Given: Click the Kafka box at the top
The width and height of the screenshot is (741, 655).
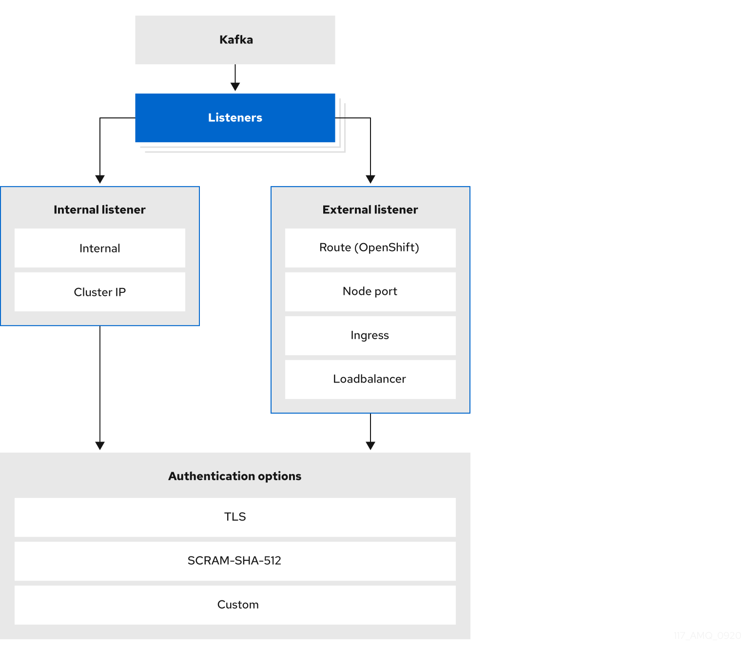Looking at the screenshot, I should click(235, 40).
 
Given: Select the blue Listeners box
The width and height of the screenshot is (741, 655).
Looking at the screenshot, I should click(235, 118).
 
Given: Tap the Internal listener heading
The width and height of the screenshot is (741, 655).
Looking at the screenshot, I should click(99, 210).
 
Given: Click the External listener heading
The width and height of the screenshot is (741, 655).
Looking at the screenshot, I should click(370, 210).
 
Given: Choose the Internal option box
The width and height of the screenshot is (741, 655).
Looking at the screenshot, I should click(99, 248).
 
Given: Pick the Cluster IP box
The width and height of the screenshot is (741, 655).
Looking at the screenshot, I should click(99, 292).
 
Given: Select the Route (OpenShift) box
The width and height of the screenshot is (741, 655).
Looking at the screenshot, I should click(370, 248).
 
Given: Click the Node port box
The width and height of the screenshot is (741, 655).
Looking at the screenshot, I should click(370, 291).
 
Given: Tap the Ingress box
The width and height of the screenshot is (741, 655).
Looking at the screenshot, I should click(370, 335).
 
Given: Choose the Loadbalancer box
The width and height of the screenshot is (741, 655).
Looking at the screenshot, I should click(370, 379).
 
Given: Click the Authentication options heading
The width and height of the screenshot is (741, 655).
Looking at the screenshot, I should click(235, 476).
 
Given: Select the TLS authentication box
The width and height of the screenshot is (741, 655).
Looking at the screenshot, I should click(235, 517).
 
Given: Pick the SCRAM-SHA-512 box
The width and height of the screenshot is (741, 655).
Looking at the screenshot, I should click(235, 561).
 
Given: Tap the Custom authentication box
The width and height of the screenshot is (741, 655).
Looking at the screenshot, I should click(235, 605).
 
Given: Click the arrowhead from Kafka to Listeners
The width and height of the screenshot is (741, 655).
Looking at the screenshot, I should click(235, 86).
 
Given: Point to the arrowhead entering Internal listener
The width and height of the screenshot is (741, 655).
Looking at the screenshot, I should click(100, 179).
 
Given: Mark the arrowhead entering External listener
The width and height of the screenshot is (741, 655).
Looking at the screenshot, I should click(370, 179).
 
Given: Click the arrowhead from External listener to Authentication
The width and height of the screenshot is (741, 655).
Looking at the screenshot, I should click(370, 445).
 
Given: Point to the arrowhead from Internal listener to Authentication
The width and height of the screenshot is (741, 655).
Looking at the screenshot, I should click(100, 445).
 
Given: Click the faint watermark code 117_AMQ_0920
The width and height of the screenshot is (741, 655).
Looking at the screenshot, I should click(707, 636).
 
